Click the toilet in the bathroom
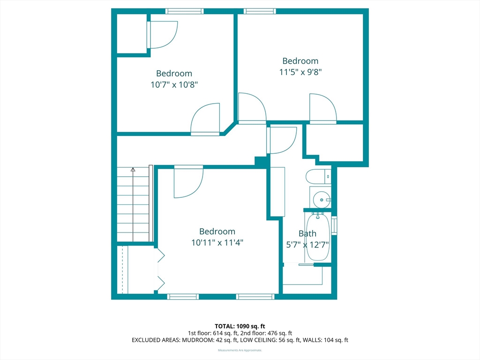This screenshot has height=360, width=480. click(318, 177)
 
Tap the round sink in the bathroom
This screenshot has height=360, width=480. click(322, 200)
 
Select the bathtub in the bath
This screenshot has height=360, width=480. click(318, 237)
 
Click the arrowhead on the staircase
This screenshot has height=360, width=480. click(133, 169)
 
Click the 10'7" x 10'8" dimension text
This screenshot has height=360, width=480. click(174, 84)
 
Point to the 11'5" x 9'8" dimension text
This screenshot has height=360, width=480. click(300, 72)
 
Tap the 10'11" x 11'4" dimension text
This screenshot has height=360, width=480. click(217, 242)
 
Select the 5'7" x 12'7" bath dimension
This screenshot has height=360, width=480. click(307, 245)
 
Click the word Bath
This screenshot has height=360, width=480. click(307, 233)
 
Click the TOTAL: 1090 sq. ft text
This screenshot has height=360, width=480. click(240, 326)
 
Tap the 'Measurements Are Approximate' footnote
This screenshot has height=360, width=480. click(240, 350)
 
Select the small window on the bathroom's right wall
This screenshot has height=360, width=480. click(334, 225)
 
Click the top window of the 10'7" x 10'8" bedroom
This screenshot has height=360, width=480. click(184, 11)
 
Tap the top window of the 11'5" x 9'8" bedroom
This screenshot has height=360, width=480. click(260, 11)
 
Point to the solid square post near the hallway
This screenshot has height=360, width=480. click(260, 162)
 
